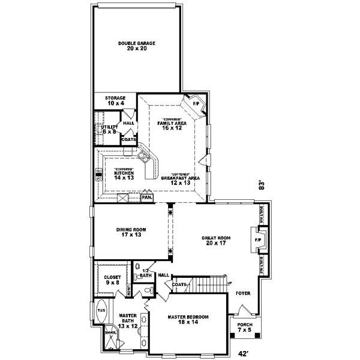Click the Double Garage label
coord(137,46)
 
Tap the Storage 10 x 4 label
coord(115,100)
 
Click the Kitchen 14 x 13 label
coord(123,175)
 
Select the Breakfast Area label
coord(180,178)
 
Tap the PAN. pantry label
coord(146,197)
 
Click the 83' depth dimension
coord(261,186)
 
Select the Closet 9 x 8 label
coord(112,280)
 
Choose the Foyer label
coord(242,294)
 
